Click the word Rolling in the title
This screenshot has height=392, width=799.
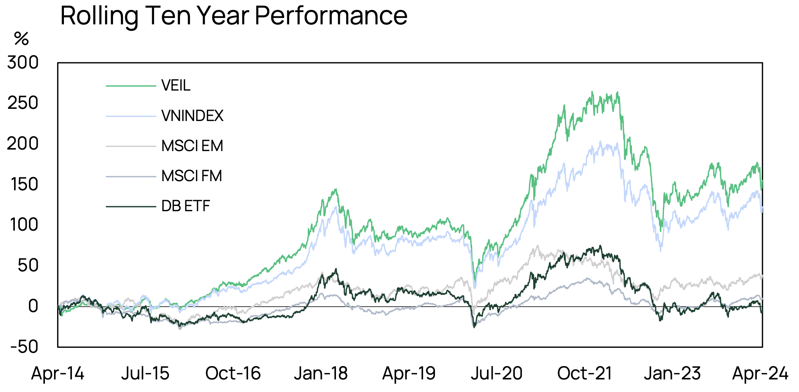point(99,16)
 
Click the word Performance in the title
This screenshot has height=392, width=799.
point(331,16)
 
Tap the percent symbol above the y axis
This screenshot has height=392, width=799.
point(21,39)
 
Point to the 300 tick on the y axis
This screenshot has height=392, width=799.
point(23,62)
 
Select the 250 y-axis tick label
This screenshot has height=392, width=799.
point(23,103)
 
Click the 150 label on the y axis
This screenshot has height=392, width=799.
point(24,185)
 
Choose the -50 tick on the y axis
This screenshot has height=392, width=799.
point(24,347)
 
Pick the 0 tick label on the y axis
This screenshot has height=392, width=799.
point(33,306)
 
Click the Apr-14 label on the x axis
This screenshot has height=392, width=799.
point(57,373)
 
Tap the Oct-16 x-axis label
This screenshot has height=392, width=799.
point(233,373)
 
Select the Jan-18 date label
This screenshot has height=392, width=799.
point(321,373)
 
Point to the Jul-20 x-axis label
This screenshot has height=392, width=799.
point(497,373)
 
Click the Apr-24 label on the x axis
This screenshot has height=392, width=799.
point(760,373)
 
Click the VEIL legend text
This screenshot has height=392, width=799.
point(175,86)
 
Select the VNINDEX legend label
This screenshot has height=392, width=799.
point(192,116)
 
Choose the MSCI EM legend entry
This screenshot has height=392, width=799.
point(192,146)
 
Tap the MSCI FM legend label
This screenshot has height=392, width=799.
point(191,176)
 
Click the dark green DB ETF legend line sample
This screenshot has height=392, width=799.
point(131,207)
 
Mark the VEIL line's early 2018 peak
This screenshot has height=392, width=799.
point(336,190)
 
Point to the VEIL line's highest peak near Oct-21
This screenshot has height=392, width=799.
point(592,92)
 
